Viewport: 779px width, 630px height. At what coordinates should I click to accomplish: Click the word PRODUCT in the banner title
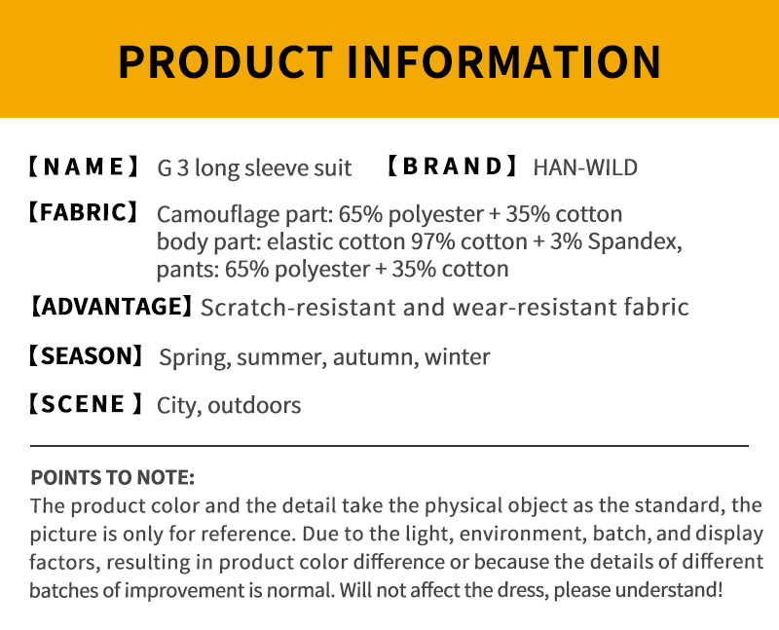(x=226, y=61)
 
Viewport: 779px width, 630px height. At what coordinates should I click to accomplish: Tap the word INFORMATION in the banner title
(x=504, y=61)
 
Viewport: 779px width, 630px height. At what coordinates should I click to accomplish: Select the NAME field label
(x=84, y=167)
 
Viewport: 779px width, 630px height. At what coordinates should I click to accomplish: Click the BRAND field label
(x=453, y=167)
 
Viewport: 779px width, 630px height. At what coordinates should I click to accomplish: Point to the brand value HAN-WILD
(x=585, y=167)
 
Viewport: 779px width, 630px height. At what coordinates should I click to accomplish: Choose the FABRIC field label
(x=83, y=212)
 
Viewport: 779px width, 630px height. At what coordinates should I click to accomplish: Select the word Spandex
(x=635, y=241)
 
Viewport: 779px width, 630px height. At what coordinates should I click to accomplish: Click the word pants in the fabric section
(x=188, y=270)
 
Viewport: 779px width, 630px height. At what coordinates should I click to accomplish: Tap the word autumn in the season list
(x=373, y=357)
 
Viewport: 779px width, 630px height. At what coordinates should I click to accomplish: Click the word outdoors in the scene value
(x=254, y=405)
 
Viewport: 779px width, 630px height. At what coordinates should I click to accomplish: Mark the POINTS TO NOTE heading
(x=112, y=477)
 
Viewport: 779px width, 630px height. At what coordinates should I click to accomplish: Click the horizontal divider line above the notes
(x=389, y=446)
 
